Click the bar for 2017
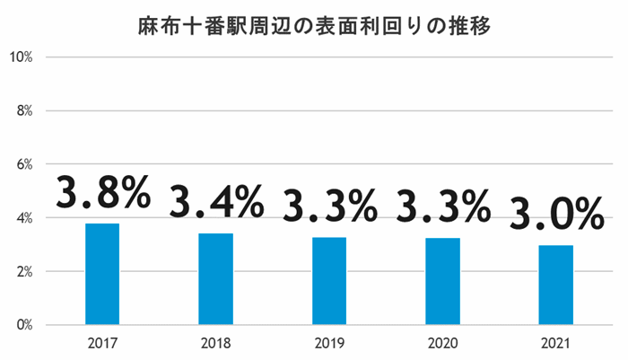tap(102, 274)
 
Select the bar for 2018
tap(215, 279)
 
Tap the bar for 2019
tap(329, 281)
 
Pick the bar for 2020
tap(442, 281)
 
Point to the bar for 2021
tap(556, 285)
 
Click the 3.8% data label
tap(102, 192)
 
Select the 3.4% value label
tap(216, 201)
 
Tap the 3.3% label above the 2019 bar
tap(329, 206)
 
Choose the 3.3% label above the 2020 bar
tap(443, 206)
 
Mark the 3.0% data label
tap(556, 213)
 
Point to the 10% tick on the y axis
tap(21, 57)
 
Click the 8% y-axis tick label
tap(24, 111)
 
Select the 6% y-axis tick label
tap(24, 164)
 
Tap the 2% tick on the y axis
tap(24, 271)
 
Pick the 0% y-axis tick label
tap(24, 325)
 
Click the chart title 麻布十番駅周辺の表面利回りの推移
tap(314, 23)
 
